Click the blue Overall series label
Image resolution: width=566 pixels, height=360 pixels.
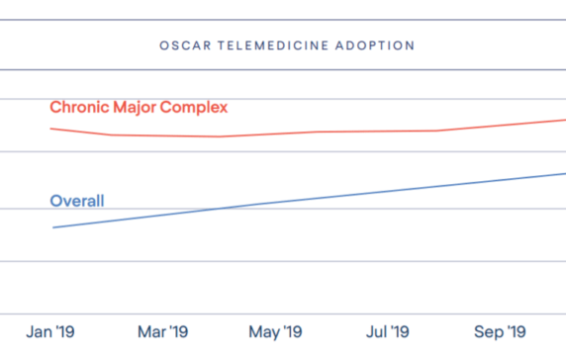point(77,201)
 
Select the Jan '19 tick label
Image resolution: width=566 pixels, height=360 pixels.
point(52,331)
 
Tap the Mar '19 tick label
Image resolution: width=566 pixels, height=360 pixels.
point(162,331)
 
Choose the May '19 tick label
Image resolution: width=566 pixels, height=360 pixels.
point(276,331)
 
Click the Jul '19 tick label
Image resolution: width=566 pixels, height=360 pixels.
point(388,331)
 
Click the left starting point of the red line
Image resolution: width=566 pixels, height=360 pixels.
point(51,129)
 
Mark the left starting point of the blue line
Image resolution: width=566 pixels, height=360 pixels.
point(52,227)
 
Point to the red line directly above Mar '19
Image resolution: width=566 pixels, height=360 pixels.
point(162,135)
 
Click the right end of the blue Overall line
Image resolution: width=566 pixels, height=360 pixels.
point(564,173)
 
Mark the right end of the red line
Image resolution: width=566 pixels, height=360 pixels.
point(564,120)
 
